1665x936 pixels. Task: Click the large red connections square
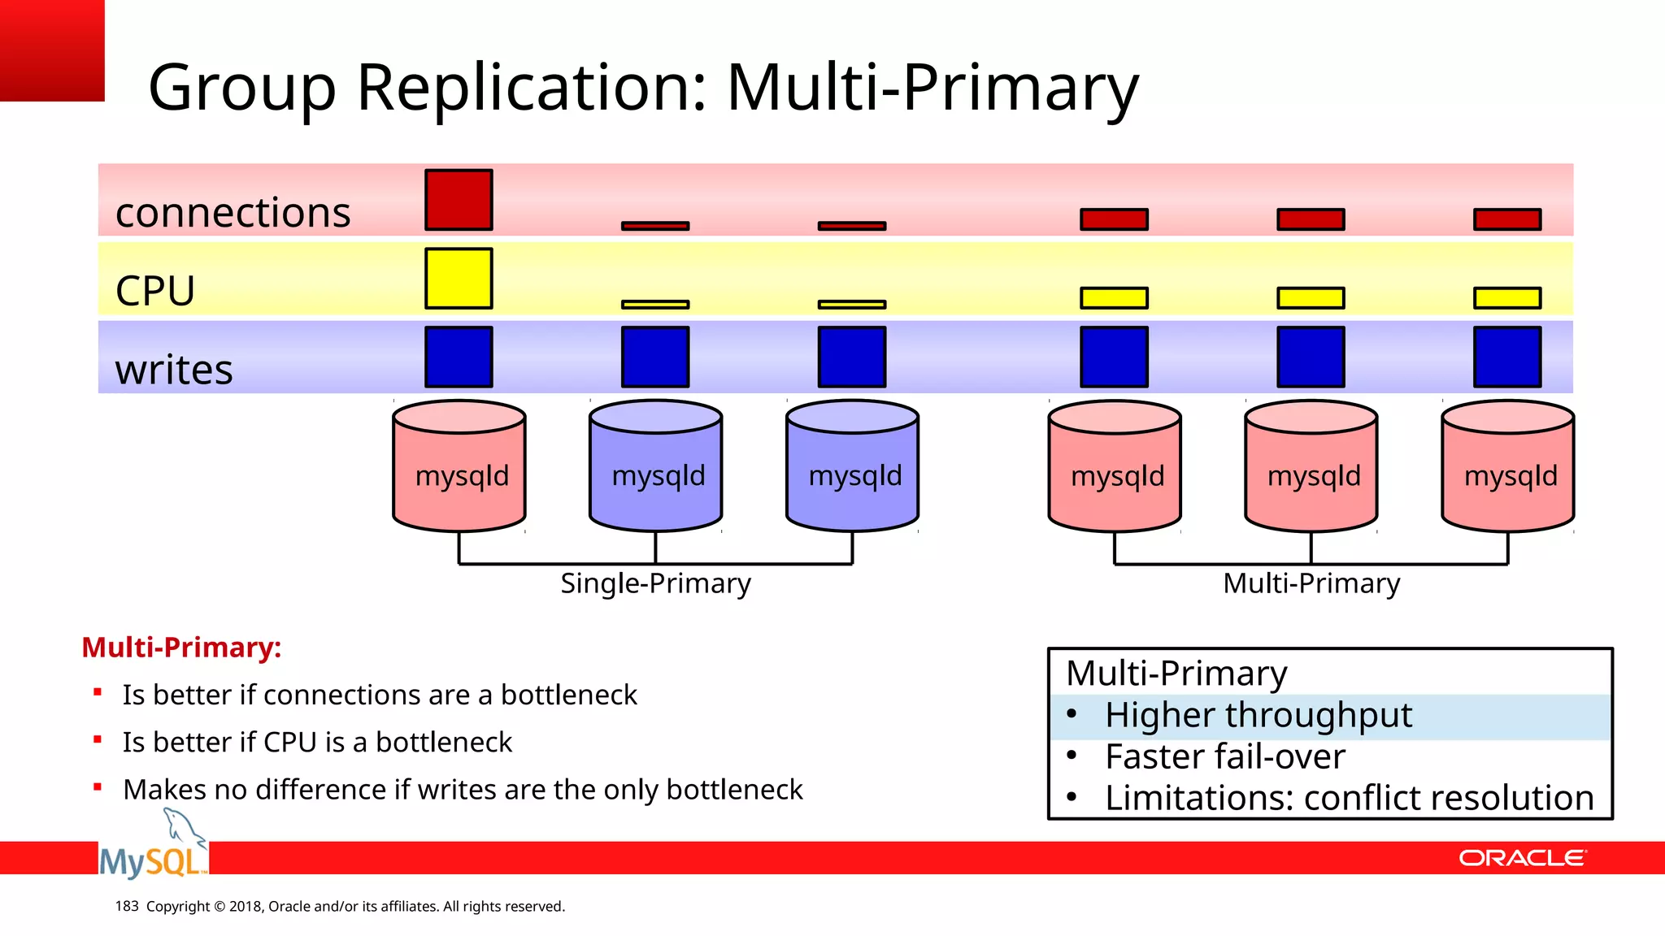[459, 200]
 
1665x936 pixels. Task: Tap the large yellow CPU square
[459, 279]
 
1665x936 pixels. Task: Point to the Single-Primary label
[655, 583]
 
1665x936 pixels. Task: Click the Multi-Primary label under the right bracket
[1311, 583]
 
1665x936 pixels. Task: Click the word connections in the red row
[233, 213]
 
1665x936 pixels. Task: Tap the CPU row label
[155, 291]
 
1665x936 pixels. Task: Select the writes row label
[174, 370]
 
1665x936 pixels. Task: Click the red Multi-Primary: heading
[181, 648]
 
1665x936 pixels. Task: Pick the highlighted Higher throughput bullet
[1258, 716]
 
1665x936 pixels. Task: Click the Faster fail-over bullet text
[1224, 757]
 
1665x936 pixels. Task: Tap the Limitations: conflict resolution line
[1349, 798]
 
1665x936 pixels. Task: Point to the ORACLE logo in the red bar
[1521, 858]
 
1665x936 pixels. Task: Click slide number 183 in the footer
[127, 906]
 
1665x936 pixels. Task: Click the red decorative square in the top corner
[52, 50]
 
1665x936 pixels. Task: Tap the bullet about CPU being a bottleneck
[317, 743]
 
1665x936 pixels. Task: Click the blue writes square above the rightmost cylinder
[1507, 357]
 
